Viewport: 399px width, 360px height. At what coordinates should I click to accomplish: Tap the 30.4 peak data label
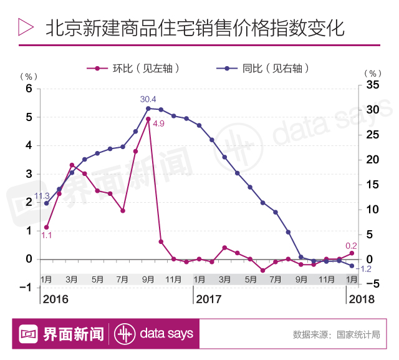point(148,99)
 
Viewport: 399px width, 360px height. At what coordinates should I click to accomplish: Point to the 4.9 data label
point(158,124)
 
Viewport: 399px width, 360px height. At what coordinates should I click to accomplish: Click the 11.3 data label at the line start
point(42,195)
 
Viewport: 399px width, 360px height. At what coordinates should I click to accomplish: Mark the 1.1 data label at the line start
point(46,235)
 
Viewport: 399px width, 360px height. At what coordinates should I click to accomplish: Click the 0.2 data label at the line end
point(351,246)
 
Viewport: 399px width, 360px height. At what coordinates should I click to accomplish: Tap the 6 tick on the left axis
point(29,89)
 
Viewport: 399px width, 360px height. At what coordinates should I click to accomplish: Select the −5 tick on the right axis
point(372,284)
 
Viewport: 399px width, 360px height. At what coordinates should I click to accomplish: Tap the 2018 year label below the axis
point(362,299)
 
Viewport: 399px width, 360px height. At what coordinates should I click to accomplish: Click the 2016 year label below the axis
point(55,299)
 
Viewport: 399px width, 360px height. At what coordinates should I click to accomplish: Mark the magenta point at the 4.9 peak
point(148,119)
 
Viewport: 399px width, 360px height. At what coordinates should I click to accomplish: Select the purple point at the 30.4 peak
point(148,109)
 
